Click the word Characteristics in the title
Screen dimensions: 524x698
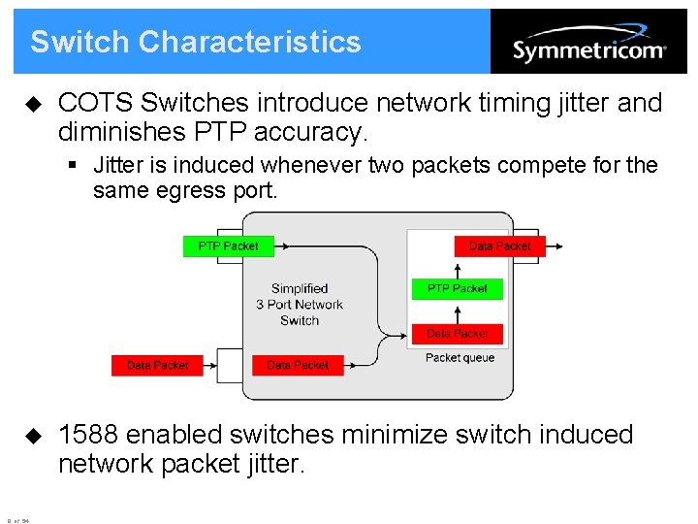pos(249,42)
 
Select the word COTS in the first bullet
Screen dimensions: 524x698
pos(94,103)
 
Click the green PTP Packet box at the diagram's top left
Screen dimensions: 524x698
pos(229,246)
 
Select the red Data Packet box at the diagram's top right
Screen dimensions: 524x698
pos(499,246)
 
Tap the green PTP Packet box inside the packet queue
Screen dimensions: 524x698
pos(458,288)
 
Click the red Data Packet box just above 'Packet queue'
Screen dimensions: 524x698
pos(458,334)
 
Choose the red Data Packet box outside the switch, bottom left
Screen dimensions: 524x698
pos(158,365)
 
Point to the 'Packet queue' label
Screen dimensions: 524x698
pos(460,358)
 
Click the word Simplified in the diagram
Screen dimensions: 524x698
pos(300,288)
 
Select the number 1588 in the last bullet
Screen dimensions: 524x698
pos(88,435)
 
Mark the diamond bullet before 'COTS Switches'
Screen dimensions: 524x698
pos(34,103)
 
